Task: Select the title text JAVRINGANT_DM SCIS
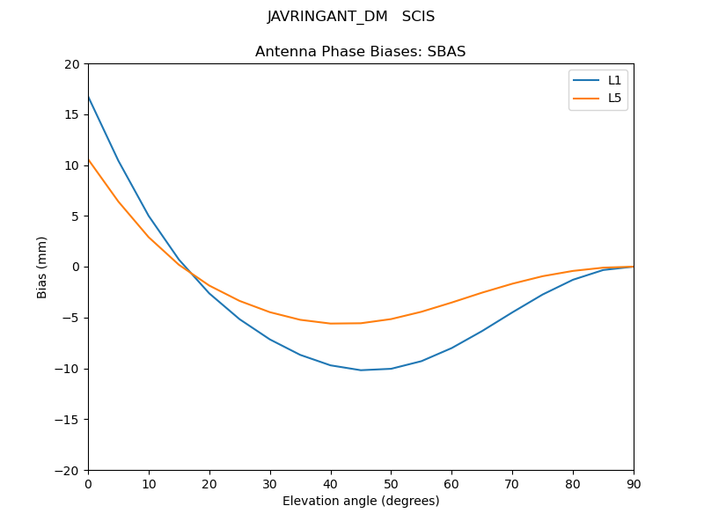(351, 17)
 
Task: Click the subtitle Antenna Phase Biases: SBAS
(360, 52)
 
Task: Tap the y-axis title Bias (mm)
(42, 267)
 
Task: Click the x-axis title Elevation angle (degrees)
(361, 501)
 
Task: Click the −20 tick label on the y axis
(69, 470)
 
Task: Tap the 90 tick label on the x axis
(634, 483)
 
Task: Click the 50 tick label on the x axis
(391, 483)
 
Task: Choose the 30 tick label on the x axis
(270, 483)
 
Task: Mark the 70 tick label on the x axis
(512, 483)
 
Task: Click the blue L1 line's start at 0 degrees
(88, 97)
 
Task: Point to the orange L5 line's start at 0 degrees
(88, 160)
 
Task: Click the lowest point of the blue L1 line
(361, 370)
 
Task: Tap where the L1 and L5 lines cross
(191, 273)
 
